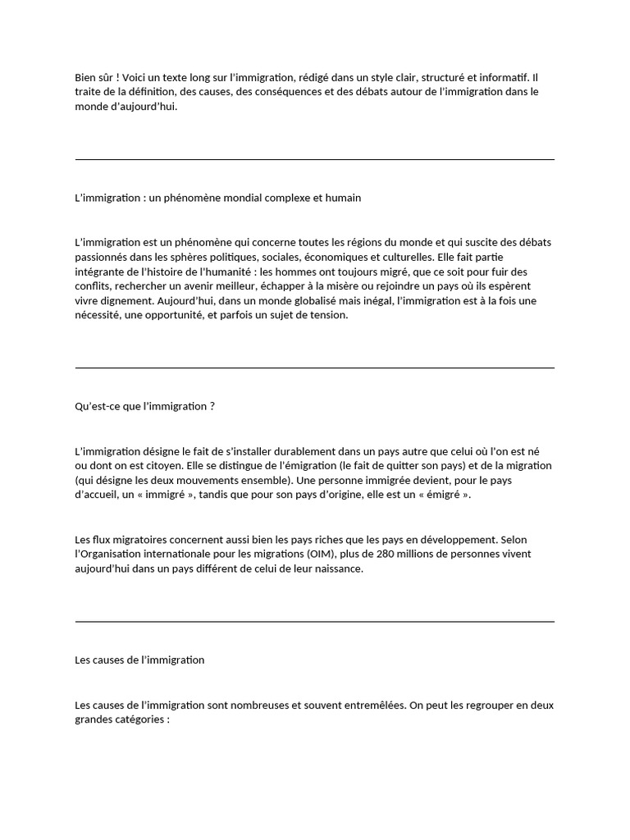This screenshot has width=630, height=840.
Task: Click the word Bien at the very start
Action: [85, 77]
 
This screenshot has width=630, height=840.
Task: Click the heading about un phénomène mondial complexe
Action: [217, 198]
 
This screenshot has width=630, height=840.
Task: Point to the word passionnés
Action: [103, 257]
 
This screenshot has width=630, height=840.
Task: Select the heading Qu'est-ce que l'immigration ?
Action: [144, 406]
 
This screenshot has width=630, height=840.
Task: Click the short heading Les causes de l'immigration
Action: [139, 660]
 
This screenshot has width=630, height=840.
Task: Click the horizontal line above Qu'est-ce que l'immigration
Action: [315, 368]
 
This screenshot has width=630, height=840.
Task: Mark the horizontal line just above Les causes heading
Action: [315, 622]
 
